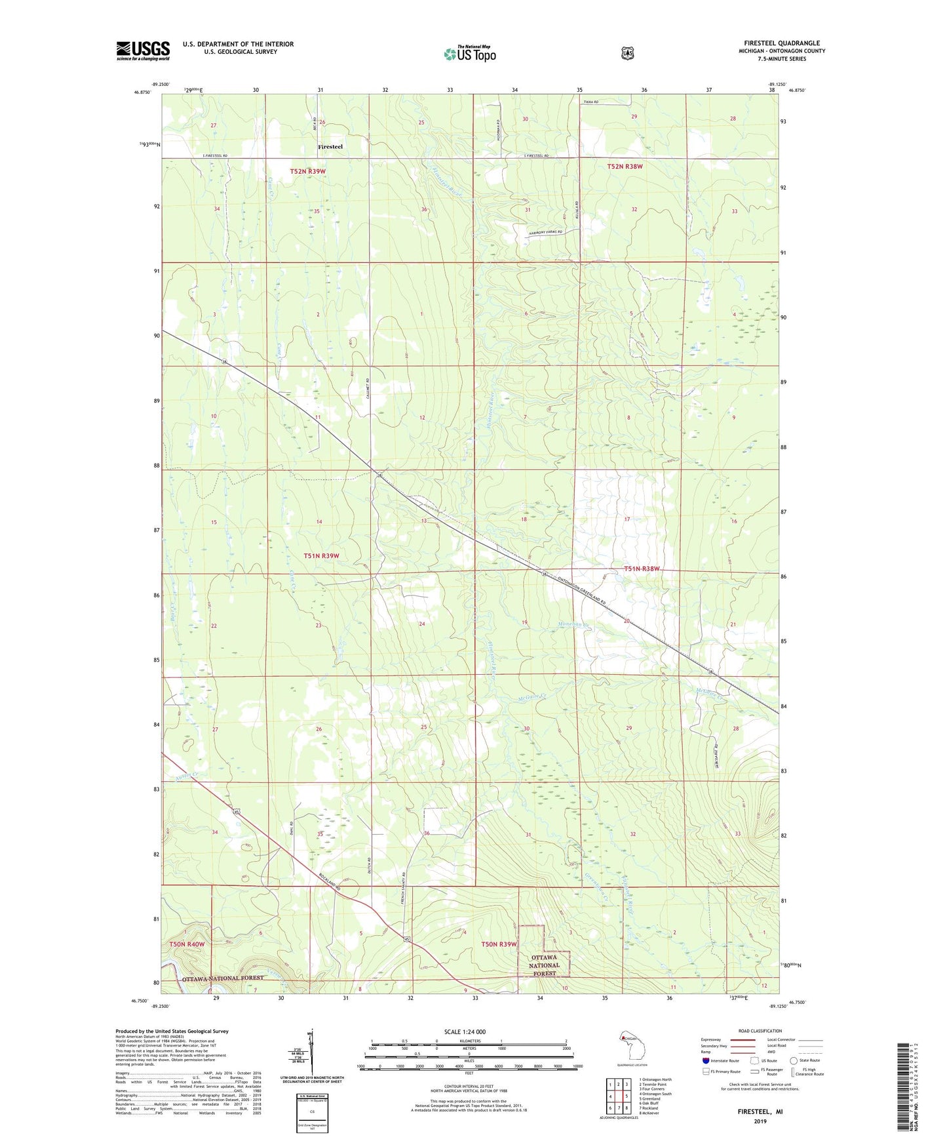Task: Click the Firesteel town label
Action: (330, 146)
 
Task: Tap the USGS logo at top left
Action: (143, 50)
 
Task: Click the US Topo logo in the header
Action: (469, 54)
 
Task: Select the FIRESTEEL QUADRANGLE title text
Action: (782, 43)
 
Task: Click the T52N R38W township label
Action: (625, 167)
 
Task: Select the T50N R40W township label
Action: (187, 944)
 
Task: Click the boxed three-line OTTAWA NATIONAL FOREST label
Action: (544, 965)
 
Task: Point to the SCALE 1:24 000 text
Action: (465, 1032)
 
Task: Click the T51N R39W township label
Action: (321, 555)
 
